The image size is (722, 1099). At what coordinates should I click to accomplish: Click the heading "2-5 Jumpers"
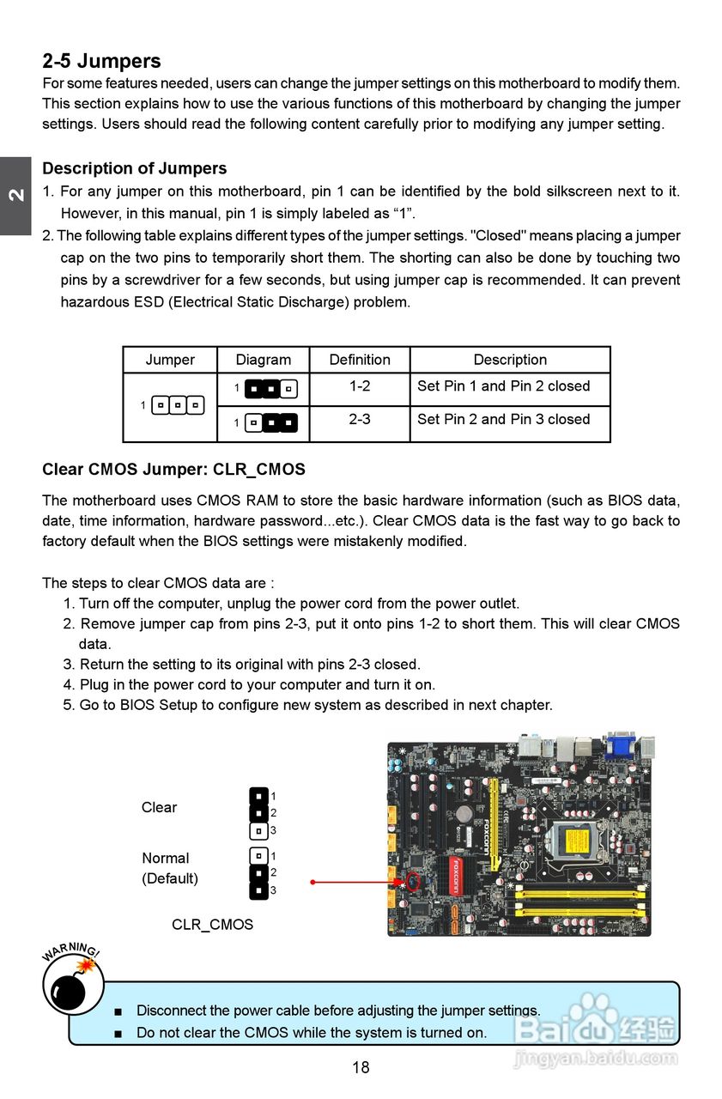(101, 61)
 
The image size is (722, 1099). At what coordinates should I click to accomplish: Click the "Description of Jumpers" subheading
(134, 168)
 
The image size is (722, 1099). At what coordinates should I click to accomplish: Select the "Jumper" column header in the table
(170, 360)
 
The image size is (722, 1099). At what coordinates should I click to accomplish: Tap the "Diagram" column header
(263, 360)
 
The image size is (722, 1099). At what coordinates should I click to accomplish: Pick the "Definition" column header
(359, 360)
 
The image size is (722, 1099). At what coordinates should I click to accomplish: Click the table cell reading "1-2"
(359, 386)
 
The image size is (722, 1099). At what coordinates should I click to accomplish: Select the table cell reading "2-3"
(359, 420)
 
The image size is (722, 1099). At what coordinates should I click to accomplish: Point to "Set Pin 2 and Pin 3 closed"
(503, 420)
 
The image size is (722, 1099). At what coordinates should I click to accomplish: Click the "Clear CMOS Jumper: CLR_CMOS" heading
(173, 470)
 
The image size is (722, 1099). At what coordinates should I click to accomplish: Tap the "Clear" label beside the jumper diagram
(159, 807)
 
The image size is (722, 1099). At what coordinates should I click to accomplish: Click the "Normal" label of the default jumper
(165, 858)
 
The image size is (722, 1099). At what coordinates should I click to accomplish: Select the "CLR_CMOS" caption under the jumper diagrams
(212, 925)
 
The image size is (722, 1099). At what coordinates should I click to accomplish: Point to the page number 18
(361, 1067)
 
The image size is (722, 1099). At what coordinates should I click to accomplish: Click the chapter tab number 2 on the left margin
(15, 195)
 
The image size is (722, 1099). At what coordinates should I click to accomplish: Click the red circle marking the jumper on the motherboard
(413, 881)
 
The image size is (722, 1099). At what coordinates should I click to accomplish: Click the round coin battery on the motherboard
(464, 812)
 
